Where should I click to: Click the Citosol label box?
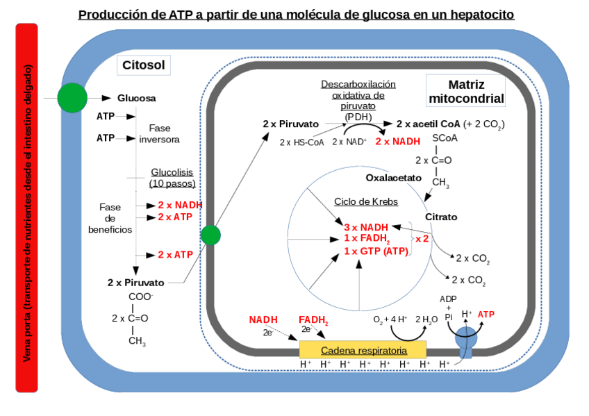click(143, 66)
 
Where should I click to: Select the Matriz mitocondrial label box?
click(466, 91)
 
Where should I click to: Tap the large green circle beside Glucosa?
click(72, 98)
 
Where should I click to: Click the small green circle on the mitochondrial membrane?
click(210, 235)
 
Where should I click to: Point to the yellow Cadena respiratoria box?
click(363, 350)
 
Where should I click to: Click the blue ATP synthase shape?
click(466, 341)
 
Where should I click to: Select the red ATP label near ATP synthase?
click(486, 314)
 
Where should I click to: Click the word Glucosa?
click(136, 99)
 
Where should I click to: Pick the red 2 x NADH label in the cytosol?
click(180, 205)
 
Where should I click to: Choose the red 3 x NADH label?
click(366, 227)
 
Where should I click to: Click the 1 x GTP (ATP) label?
click(376, 251)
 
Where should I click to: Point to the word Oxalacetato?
click(394, 178)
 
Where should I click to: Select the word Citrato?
click(441, 217)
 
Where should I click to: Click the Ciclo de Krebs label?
click(366, 201)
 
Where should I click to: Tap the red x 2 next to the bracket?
click(422, 238)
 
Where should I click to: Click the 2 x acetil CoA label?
click(428, 124)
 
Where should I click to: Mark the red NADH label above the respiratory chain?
click(263, 319)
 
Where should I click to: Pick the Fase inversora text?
click(159, 133)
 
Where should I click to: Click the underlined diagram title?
click(296, 15)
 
